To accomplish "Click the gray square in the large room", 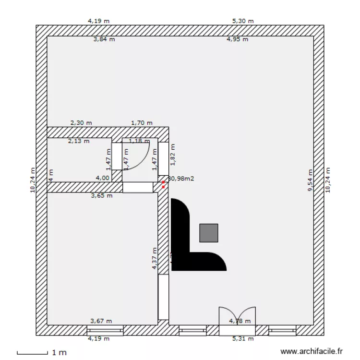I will click(208, 233).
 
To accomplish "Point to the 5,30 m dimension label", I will click(242, 21).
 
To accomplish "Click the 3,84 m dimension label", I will click(104, 39).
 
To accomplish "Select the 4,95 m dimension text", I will click(237, 39).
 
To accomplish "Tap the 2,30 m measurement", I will click(81, 123).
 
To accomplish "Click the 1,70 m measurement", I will click(142, 123).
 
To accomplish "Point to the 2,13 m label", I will click(79, 141).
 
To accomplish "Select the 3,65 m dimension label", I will click(102, 195).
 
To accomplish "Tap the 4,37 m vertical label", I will click(155, 259).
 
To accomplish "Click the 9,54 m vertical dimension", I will click(310, 180).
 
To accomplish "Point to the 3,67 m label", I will click(101, 321).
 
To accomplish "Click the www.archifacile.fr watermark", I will click(312, 352).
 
